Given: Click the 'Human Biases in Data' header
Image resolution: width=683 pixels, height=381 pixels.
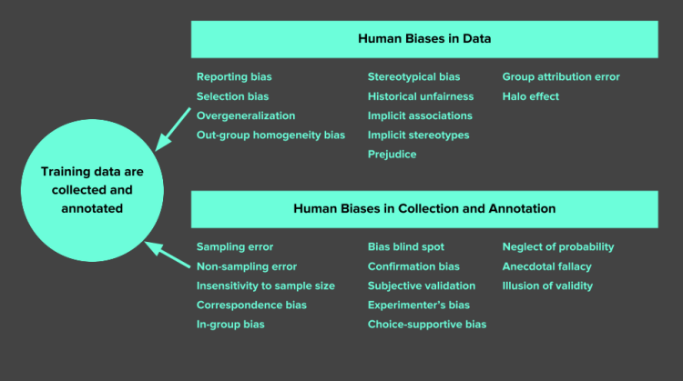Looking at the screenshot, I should click(x=424, y=39).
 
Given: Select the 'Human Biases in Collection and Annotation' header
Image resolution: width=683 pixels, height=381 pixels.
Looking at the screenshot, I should click(x=424, y=208).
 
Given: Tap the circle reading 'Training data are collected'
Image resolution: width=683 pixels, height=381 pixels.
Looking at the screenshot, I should click(x=92, y=190).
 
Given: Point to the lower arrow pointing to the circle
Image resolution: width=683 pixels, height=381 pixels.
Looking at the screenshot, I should click(x=168, y=254).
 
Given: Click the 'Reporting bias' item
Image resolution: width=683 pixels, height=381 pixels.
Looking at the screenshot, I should click(x=234, y=77).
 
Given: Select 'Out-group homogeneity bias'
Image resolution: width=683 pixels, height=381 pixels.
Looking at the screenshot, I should click(x=270, y=135).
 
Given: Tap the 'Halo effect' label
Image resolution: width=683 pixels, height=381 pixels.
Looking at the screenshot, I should click(x=531, y=96).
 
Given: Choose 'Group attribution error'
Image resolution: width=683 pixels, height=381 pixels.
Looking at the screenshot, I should click(x=561, y=77).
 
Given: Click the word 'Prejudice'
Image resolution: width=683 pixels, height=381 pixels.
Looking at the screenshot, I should click(x=392, y=155).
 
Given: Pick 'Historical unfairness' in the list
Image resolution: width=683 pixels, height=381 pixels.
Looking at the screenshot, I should click(x=420, y=96).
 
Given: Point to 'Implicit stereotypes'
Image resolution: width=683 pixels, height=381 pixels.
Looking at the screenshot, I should click(x=418, y=135).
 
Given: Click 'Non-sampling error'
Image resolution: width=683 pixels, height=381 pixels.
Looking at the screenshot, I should click(x=246, y=266).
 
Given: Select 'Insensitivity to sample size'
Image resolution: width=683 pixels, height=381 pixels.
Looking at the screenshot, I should click(x=265, y=286).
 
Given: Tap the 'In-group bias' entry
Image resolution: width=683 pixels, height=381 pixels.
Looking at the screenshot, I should click(x=230, y=325).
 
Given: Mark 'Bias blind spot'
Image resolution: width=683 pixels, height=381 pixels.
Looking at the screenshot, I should click(x=405, y=246).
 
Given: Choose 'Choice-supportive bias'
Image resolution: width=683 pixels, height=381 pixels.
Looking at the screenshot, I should click(x=426, y=325).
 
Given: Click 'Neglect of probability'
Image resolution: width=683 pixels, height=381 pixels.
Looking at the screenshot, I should click(x=558, y=246).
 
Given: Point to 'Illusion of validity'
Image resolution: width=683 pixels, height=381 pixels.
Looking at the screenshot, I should click(x=547, y=286).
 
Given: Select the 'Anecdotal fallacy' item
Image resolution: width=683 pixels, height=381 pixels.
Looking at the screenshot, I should click(x=546, y=266).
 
